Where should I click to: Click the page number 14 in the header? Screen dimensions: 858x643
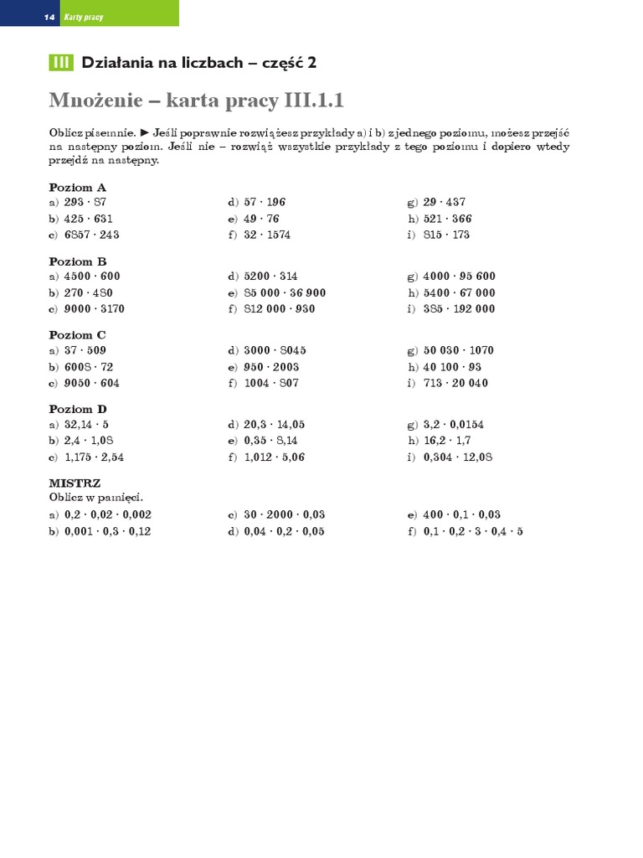[x=49, y=17]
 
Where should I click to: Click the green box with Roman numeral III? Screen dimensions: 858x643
[x=61, y=63]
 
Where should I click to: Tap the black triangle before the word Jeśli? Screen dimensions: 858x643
[x=145, y=132]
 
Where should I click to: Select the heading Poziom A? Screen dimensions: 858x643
[x=78, y=188]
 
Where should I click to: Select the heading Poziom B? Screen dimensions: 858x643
[x=78, y=261]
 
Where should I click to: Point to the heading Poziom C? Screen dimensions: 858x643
[x=78, y=335]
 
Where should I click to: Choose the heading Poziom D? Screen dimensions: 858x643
[x=78, y=409]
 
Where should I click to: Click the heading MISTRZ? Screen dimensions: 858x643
[x=75, y=483]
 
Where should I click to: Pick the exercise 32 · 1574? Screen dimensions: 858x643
[x=267, y=235]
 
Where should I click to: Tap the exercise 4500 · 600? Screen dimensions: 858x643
[x=92, y=276]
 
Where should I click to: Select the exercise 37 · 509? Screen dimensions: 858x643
[x=85, y=350]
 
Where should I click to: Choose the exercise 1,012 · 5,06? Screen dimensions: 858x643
[x=274, y=457]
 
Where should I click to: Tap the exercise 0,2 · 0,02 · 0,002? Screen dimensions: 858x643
[x=107, y=514]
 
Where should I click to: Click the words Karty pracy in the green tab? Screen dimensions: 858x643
[x=84, y=17]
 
